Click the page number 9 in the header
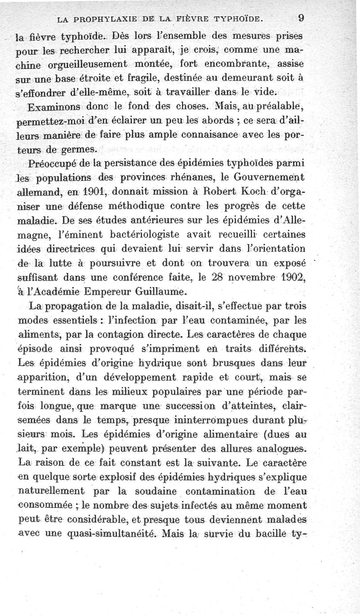click(x=301, y=18)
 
